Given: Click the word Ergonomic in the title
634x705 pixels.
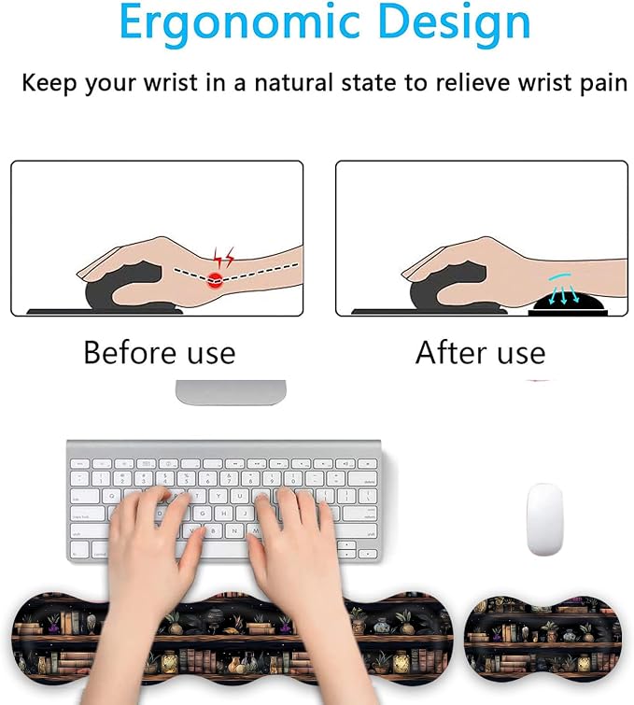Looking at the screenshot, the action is coord(240,22).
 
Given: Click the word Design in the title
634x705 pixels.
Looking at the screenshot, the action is coord(455,22).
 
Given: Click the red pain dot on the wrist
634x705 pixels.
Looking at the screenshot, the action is coord(216,280).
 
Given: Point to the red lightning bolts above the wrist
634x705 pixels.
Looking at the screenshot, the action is coord(223,257).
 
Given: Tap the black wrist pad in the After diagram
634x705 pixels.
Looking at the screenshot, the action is coord(568,303).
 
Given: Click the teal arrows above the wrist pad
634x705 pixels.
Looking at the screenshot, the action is coord(562,289).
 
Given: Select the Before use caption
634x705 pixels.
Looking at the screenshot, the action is coord(159,353).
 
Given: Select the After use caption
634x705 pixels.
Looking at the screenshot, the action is coord(480,353).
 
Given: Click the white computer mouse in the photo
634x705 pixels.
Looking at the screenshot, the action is coord(544,519).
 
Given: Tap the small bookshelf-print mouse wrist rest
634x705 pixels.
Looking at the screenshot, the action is coord(542,639).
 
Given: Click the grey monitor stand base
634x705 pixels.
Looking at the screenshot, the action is coord(231,392).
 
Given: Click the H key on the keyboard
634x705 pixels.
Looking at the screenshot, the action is coord(223,514).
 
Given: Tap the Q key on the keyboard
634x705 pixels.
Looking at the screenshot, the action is coord(112,497).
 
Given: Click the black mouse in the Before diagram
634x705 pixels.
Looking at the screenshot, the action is coord(123,288).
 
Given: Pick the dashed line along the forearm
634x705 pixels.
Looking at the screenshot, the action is coord(236,275).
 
